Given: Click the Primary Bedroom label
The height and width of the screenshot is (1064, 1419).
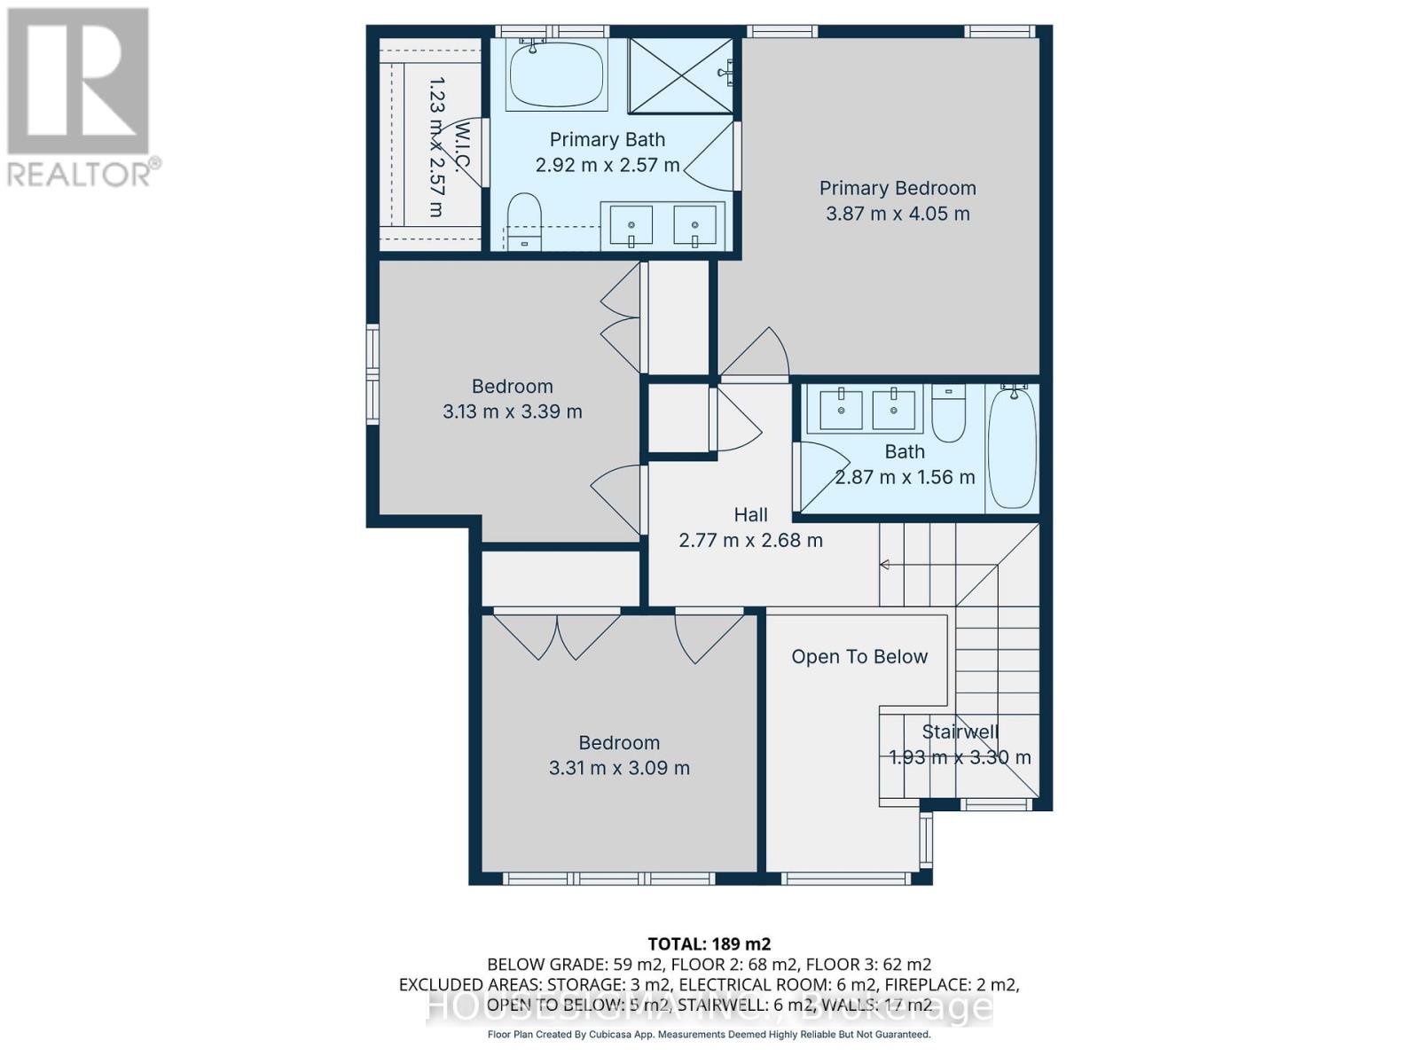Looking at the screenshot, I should [x=897, y=188].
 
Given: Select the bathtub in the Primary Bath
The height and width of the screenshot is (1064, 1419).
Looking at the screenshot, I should [x=556, y=76].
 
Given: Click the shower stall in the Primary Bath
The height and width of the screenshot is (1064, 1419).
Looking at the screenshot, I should [x=680, y=75].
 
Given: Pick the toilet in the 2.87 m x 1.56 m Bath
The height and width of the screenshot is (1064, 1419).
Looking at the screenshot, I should [x=949, y=413].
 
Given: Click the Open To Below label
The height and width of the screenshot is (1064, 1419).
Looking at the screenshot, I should [x=858, y=657].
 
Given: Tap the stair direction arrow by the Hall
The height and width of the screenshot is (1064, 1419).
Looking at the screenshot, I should [x=884, y=565].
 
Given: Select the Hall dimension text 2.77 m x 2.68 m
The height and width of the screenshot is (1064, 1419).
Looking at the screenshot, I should [x=750, y=540].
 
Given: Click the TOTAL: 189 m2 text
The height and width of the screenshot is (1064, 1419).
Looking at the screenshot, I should [x=709, y=943].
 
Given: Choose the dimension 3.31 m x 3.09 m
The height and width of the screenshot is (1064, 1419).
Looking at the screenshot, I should [x=619, y=768].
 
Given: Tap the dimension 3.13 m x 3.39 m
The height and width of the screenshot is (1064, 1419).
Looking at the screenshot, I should [x=512, y=411].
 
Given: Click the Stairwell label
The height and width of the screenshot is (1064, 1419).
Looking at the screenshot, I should [x=960, y=731].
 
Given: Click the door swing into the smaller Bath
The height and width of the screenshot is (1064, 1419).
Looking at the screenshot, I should [x=820, y=475].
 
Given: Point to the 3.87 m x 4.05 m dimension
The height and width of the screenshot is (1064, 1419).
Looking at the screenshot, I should [x=897, y=214].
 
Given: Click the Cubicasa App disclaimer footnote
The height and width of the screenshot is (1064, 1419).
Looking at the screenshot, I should [x=709, y=1035].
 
